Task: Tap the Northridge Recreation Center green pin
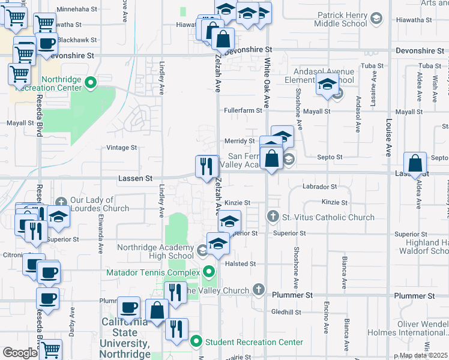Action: [x=91, y=83]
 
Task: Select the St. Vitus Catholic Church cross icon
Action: [x=273, y=216]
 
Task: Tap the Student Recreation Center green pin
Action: [x=196, y=342]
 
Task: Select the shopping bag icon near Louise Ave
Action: [x=415, y=163]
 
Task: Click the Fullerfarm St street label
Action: [x=243, y=110]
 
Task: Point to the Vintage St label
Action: [x=122, y=147]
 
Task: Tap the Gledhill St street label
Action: [x=286, y=312]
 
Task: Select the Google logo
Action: [x=20, y=353]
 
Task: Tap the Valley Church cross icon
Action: [x=259, y=290]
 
